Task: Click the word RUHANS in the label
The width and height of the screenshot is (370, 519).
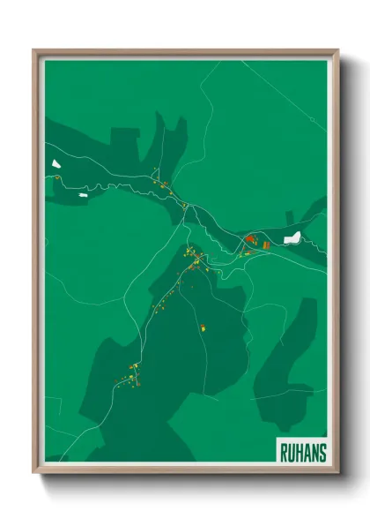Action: click(x=302, y=452)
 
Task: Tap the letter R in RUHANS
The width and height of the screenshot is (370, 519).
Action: click(x=285, y=452)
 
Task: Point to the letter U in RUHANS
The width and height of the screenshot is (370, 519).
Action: click(x=292, y=452)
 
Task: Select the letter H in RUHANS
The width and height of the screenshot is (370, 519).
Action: click(x=300, y=452)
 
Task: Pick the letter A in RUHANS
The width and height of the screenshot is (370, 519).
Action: click(x=307, y=452)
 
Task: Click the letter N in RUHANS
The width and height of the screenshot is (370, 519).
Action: click(x=314, y=452)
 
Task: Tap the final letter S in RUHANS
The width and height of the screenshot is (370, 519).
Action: click(x=322, y=452)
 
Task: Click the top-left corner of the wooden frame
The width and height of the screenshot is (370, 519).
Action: click(x=34, y=50)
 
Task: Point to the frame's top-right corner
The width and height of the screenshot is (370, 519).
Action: click(x=337, y=50)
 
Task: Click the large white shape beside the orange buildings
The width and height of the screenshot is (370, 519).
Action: click(x=292, y=237)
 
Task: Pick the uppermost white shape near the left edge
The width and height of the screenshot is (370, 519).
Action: click(x=56, y=163)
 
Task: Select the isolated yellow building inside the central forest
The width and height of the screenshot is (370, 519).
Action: click(x=203, y=329)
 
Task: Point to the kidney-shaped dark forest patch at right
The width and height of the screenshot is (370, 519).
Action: click(x=286, y=353)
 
